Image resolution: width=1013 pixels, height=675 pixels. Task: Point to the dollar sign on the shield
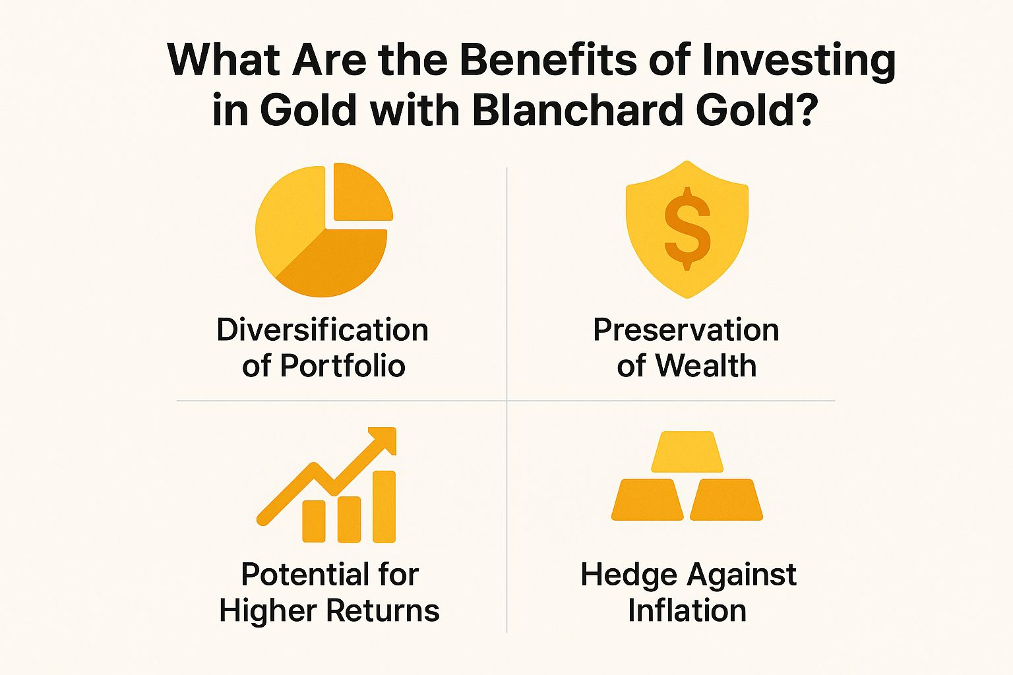[x=687, y=228]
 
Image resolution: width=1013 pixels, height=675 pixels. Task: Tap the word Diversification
[x=322, y=330]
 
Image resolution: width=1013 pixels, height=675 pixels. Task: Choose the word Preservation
[x=686, y=330]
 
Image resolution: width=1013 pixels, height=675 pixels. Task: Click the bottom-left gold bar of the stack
[x=647, y=500]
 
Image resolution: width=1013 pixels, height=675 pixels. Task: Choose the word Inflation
[x=687, y=610]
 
